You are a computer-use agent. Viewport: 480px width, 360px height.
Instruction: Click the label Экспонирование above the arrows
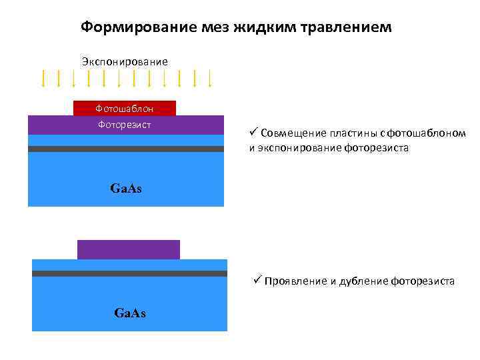pyautogui.click(x=125, y=61)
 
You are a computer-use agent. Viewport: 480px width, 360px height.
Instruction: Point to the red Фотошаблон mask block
pyautogui.click(x=125, y=108)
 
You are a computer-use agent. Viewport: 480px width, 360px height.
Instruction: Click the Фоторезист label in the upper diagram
pyautogui.click(x=125, y=124)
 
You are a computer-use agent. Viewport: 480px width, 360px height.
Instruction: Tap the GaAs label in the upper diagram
pyautogui.click(x=126, y=189)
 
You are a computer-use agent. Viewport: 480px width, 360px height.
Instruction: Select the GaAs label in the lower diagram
pyautogui.click(x=130, y=313)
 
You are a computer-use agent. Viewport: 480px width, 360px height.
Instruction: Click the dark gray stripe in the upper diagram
pyautogui.click(x=126, y=149)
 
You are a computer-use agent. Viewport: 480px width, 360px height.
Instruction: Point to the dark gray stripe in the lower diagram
pyautogui.click(x=129, y=273)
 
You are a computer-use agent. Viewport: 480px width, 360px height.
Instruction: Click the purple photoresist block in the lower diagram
pyautogui.click(x=129, y=249)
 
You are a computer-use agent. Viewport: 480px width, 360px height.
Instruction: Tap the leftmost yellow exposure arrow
pyautogui.click(x=43, y=79)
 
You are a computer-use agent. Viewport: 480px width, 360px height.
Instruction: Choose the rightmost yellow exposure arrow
pyautogui.click(x=210, y=79)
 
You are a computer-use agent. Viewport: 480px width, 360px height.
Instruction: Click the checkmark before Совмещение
pyautogui.click(x=253, y=131)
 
